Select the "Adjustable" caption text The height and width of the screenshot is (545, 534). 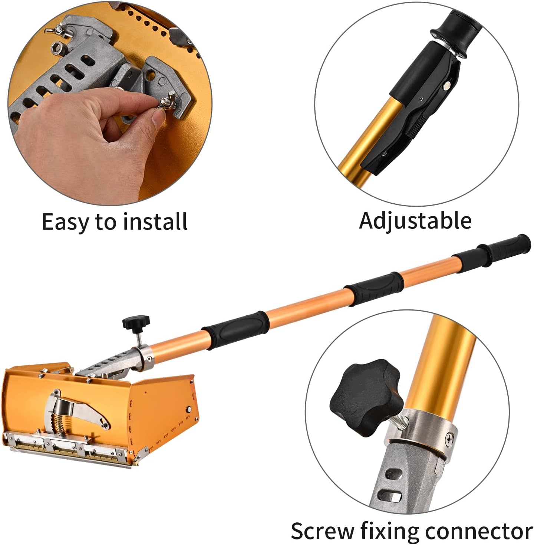[x=415, y=220]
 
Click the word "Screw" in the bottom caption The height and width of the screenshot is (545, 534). [x=322, y=531]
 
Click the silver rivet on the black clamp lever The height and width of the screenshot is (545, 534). [x=447, y=86]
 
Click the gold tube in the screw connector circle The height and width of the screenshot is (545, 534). [x=441, y=364]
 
